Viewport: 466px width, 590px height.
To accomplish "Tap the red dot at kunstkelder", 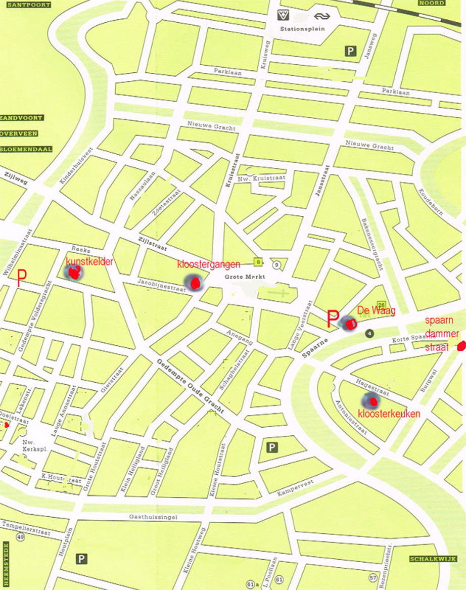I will (x=74, y=274).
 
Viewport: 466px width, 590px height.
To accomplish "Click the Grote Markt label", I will (x=248, y=277).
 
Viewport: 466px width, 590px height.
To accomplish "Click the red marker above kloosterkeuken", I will (x=372, y=401).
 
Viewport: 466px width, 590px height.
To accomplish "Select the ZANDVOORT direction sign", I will (x=21, y=117).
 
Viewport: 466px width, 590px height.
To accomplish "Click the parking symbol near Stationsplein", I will (x=350, y=51).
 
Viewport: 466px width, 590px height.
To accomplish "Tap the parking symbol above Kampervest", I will (x=272, y=447).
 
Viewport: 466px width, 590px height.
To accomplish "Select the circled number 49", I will (x=20, y=536).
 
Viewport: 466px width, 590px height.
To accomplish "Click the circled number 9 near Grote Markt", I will (x=276, y=264).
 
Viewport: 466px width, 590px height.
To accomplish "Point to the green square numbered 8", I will (x=259, y=261).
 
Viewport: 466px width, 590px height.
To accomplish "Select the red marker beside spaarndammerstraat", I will (x=460, y=347).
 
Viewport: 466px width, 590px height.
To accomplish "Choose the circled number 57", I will (x=373, y=577).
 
